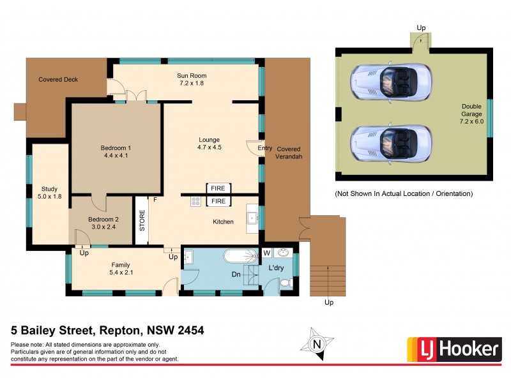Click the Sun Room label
click(x=192, y=79)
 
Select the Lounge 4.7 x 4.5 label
click(x=209, y=144)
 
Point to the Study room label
click(x=49, y=193)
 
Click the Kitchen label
click(x=223, y=222)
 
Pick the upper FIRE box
click(x=218, y=188)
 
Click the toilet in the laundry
click(x=287, y=282)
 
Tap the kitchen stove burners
click(x=195, y=201)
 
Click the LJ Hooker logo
click(x=454, y=349)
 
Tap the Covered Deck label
click(x=58, y=80)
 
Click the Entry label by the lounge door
click(x=264, y=149)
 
